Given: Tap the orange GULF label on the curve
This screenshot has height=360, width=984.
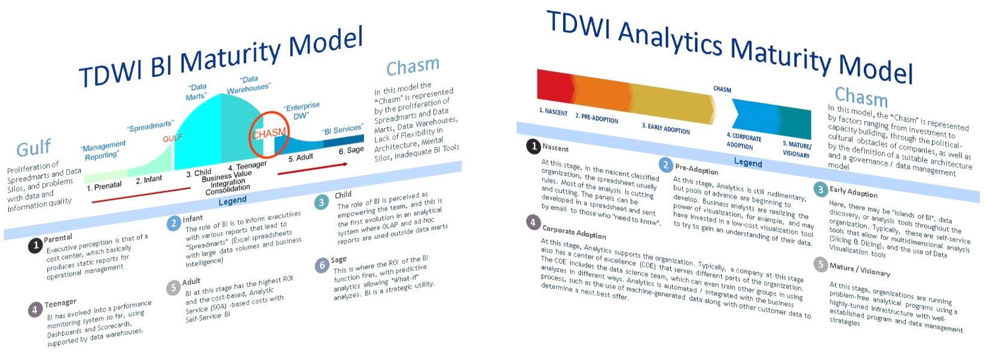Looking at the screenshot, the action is [x=172, y=138].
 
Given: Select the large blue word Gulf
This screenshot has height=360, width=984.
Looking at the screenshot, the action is [x=34, y=148].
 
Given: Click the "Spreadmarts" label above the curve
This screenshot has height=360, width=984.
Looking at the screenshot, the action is [x=151, y=126].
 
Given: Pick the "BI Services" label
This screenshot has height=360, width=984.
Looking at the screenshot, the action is [x=343, y=130].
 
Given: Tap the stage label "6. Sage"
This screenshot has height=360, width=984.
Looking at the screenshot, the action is [x=351, y=150].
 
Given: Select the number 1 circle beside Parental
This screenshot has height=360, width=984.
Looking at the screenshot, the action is [x=36, y=246].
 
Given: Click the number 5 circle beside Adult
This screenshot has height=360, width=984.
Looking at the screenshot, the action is [x=173, y=288].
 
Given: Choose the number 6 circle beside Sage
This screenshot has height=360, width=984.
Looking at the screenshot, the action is [x=322, y=265].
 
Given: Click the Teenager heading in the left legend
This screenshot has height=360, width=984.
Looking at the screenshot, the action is [x=60, y=303].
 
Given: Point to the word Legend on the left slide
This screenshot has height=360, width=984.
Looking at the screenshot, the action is [x=233, y=201].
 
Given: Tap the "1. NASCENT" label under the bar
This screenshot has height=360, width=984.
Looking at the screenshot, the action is [x=553, y=112].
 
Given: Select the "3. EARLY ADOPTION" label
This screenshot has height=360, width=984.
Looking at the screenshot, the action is [x=665, y=129].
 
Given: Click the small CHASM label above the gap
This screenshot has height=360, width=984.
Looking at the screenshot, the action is [x=722, y=89].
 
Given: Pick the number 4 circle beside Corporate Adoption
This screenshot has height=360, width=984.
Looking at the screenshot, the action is [x=533, y=222].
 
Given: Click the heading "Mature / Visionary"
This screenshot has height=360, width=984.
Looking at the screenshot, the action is [x=860, y=270].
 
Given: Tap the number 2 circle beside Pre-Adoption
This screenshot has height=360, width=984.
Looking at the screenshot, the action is [x=665, y=165].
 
